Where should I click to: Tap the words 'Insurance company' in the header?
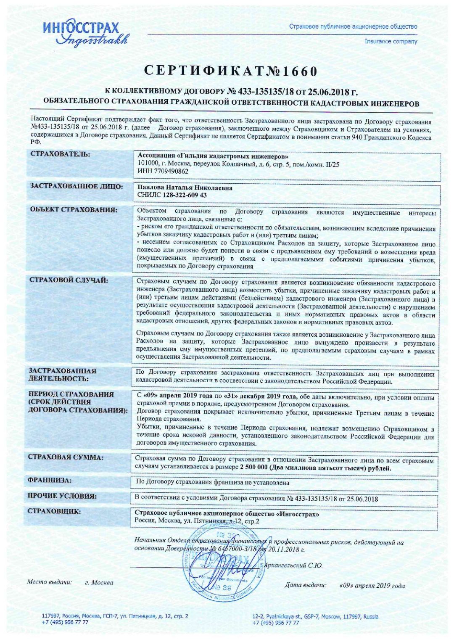(391, 41)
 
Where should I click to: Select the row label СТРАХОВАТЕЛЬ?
(60, 154)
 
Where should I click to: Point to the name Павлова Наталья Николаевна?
(185, 188)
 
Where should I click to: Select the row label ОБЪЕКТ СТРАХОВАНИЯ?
(73, 209)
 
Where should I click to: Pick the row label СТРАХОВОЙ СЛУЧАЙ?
(69, 280)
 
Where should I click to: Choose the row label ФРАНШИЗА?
(50, 480)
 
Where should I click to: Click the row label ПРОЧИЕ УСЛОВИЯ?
(62, 496)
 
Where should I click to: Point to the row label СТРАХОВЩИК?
(55, 512)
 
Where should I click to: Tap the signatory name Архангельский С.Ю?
(294, 565)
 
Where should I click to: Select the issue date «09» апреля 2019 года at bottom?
(372, 585)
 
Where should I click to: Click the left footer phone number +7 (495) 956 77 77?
(65, 622)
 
